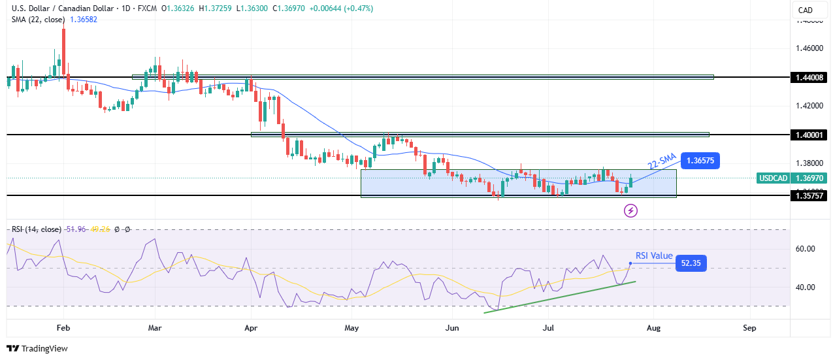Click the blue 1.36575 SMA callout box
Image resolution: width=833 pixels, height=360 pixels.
pyautogui.click(x=703, y=160)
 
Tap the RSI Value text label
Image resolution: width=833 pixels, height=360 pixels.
pyautogui.click(x=654, y=256)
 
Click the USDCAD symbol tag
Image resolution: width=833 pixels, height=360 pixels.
pyautogui.click(x=773, y=178)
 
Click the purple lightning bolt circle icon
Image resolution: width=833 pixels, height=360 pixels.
pyautogui.click(x=630, y=210)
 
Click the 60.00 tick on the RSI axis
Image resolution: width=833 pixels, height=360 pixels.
pyautogui.click(x=806, y=249)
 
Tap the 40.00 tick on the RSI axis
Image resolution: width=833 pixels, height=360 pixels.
pyautogui.click(x=806, y=287)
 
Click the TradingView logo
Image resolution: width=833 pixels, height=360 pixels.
pyautogui.click(x=37, y=349)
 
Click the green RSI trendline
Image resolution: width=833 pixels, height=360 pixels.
pyautogui.click(x=559, y=297)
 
